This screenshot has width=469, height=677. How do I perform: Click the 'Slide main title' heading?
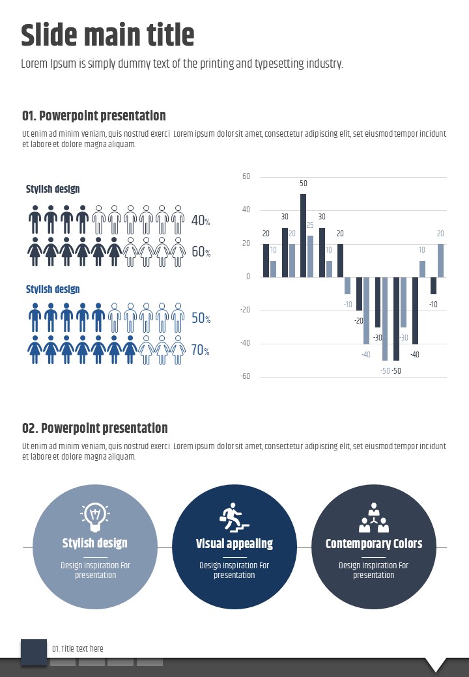(x=107, y=35)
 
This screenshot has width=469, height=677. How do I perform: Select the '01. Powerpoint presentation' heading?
(x=94, y=116)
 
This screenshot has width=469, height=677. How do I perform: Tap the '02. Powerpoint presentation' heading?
(x=95, y=428)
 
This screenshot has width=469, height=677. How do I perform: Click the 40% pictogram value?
(x=200, y=221)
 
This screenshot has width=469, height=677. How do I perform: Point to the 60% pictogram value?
(x=200, y=252)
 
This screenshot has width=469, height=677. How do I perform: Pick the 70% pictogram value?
(x=200, y=350)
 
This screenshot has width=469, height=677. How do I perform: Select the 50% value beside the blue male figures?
(x=200, y=318)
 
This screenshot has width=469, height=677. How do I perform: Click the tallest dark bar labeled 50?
(x=303, y=235)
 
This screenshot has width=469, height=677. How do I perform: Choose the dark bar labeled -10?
(x=433, y=285)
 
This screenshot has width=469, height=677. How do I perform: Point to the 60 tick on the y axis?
(x=246, y=176)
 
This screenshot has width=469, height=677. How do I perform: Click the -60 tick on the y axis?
(x=246, y=377)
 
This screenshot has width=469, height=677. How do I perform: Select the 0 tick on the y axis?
(x=248, y=277)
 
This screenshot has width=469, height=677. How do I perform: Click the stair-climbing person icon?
(x=234, y=516)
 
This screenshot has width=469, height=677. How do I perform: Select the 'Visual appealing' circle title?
(x=234, y=544)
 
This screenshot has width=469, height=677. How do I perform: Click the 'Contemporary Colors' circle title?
(x=374, y=544)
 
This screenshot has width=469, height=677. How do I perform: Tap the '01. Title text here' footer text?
(x=78, y=648)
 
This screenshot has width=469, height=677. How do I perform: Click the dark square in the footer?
(x=34, y=652)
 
